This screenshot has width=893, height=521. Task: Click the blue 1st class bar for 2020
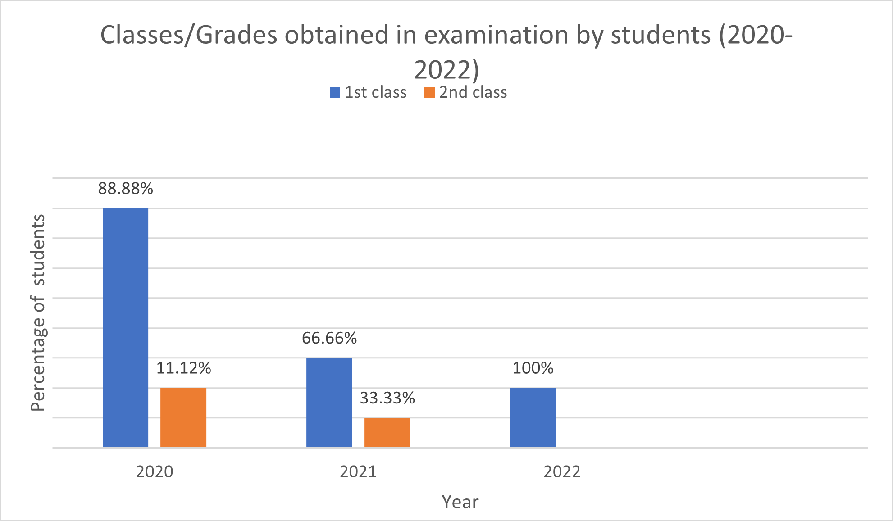(125, 327)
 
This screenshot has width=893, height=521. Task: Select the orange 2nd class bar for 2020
(183, 417)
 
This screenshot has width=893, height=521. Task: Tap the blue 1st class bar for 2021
(329, 403)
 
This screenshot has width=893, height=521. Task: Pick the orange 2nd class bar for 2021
(387, 432)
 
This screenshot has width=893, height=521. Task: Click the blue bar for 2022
(533, 417)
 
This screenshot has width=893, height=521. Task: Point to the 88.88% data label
(125, 189)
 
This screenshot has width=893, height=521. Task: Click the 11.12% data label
(183, 368)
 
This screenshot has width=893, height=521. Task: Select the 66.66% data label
(329, 338)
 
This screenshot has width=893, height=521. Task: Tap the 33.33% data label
(387, 398)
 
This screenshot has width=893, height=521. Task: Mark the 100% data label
(533, 368)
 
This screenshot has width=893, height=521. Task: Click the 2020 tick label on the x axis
(155, 471)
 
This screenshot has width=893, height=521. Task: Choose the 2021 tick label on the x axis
(358, 471)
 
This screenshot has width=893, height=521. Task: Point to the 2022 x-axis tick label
(562, 471)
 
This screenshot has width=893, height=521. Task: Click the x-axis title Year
(460, 502)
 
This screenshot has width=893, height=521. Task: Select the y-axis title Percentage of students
(38, 313)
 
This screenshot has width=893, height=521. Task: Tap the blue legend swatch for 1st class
(335, 93)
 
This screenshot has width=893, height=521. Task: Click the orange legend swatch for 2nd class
(429, 93)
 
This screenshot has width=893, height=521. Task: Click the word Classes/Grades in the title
(188, 35)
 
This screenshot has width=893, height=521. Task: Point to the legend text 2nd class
(473, 92)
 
